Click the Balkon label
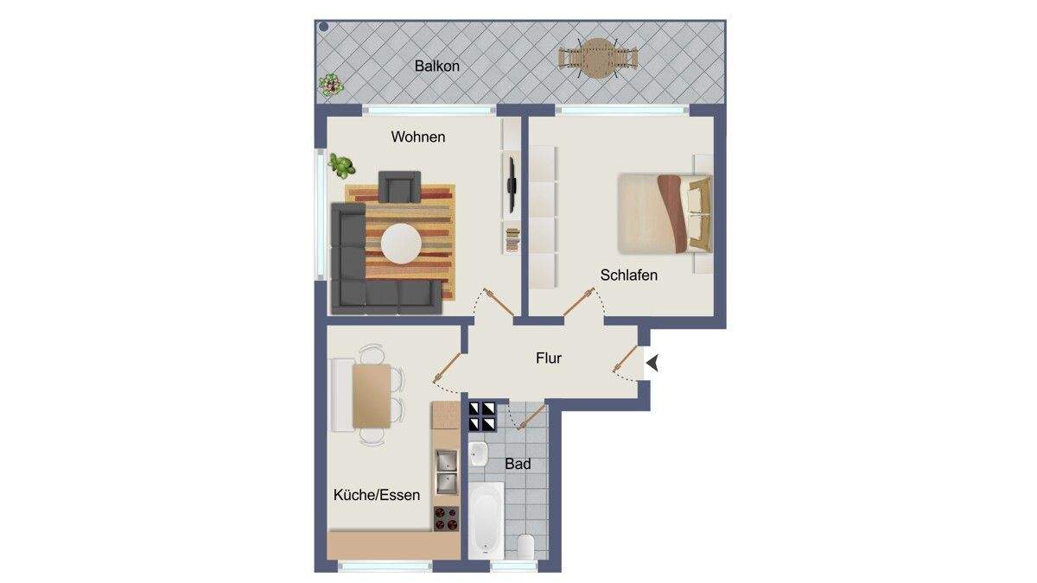click(x=436, y=67)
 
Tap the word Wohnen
click(x=418, y=137)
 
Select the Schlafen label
click(x=629, y=276)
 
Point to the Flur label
click(x=549, y=358)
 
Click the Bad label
click(x=518, y=464)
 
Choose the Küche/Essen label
click(x=377, y=495)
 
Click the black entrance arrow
click(x=652, y=363)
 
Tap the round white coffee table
click(x=401, y=244)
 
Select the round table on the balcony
click(x=598, y=59)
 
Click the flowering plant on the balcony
click(x=330, y=86)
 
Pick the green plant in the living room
click(x=341, y=166)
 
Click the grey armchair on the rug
click(x=399, y=187)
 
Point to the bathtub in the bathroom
click(x=486, y=521)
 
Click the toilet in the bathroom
click(x=525, y=547)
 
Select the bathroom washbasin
click(x=478, y=454)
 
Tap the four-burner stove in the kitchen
click(x=446, y=519)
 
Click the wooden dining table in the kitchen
click(x=372, y=396)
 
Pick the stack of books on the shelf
click(x=512, y=240)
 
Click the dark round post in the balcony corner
click(x=324, y=27)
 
